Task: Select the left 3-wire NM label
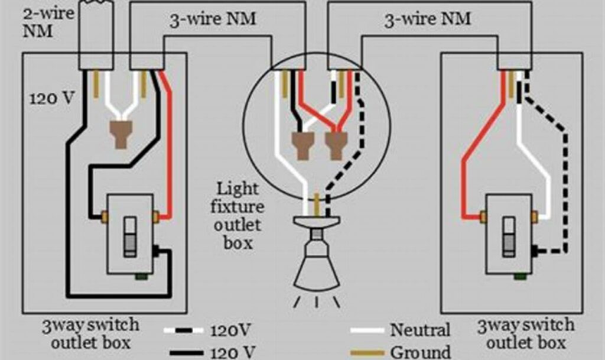coord(212,19)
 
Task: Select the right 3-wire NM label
coord(427,19)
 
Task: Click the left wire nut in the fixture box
coord(302,145)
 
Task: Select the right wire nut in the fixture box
coord(335,145)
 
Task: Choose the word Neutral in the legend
coord(419,330)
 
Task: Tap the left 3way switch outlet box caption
coord(90,333)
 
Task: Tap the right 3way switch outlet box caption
coord(525,333)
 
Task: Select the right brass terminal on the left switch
coord(155,217)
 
